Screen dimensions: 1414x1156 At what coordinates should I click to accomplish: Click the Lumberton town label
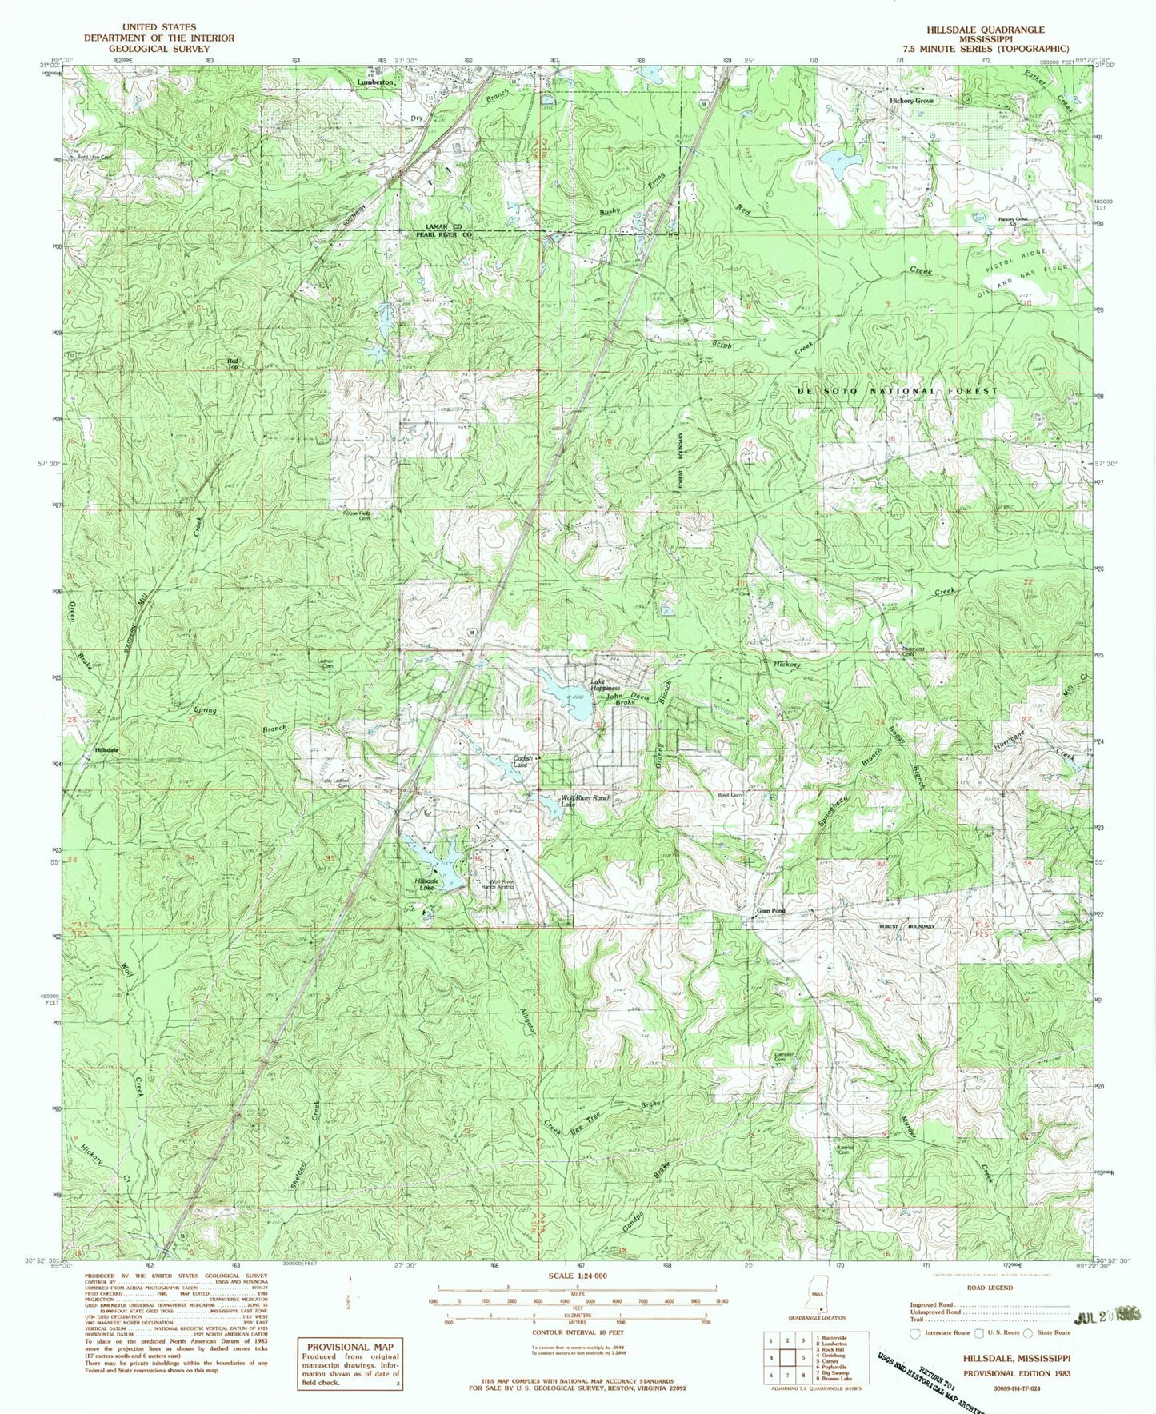[375, 82]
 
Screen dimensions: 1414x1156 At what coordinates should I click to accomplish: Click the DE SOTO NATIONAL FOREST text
[898, 390]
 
